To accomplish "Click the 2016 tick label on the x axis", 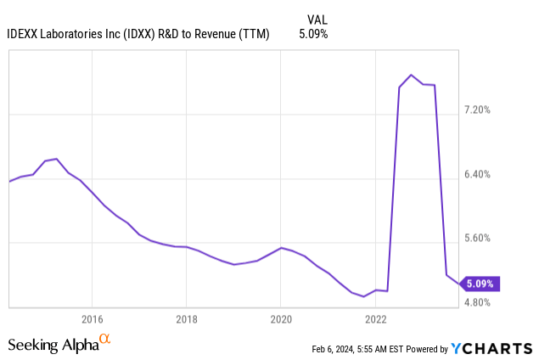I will [92, 319].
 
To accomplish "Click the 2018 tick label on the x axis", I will [187, 319].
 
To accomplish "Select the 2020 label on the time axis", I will [281, 319].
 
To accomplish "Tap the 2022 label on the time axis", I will [376, 319].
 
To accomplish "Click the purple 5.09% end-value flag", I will [480, 284].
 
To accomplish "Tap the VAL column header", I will [317, 19].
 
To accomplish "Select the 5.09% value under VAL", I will [313, 34].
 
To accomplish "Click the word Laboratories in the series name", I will [80, 34].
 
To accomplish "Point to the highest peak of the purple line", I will [412, 75].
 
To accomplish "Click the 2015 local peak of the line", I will [56, 159].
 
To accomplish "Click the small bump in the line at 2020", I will [281, 247].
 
